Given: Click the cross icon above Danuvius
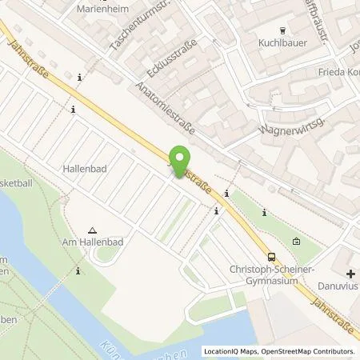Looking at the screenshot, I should coord(350,274).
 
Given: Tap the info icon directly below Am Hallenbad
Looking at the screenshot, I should coord(78,272).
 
